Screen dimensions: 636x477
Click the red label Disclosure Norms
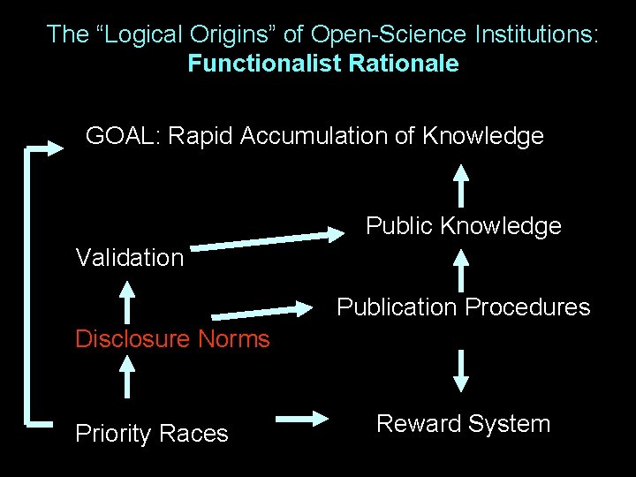click(x=172, y=339)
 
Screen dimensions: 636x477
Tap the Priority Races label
click(x=152, y=434)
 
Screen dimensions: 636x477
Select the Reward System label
click(x=463, y=424)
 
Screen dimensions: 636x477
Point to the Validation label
click(x=130, y=258)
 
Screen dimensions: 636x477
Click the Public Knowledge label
click(x=464, y=227)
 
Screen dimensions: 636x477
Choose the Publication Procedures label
click(x=464, y=307)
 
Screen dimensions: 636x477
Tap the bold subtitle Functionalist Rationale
click(x=323, y=64)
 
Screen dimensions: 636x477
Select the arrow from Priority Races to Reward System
click(x=302, y=420)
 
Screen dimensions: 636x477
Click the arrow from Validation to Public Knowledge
click(x=269, y=239)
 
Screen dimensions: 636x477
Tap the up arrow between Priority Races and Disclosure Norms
click(x=129, y=375)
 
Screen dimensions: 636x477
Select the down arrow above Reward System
click(x=460, y=369)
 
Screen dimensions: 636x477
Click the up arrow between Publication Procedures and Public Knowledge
click(x=460, y=269)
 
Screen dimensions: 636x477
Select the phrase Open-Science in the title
click(x=385, y=35)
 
